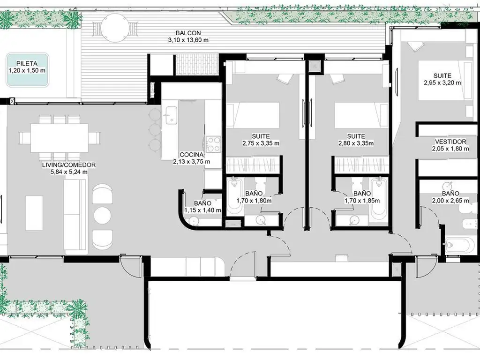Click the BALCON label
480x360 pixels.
tap(188, 33)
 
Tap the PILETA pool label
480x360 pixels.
tap(27, 64)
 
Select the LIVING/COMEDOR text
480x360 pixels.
tap(69, 165)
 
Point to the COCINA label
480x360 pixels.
tap(192, 155)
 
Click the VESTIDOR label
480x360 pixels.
tap(450, 142)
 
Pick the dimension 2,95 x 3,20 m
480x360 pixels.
tap(442, 82)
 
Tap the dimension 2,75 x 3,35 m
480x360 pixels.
tap(261, 143)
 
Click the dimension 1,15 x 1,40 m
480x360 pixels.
tap(202, 210)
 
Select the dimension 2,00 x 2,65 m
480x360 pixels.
tap(450, 201)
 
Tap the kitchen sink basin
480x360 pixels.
tap(172, 115)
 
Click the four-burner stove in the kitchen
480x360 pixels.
tap(213, 144)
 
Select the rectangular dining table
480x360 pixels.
tap(60, 137)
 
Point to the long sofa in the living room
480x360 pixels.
tap(75, 215)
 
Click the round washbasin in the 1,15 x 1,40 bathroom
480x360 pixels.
tap(194, 221)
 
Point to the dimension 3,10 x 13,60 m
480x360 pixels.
tap(188, 40)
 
